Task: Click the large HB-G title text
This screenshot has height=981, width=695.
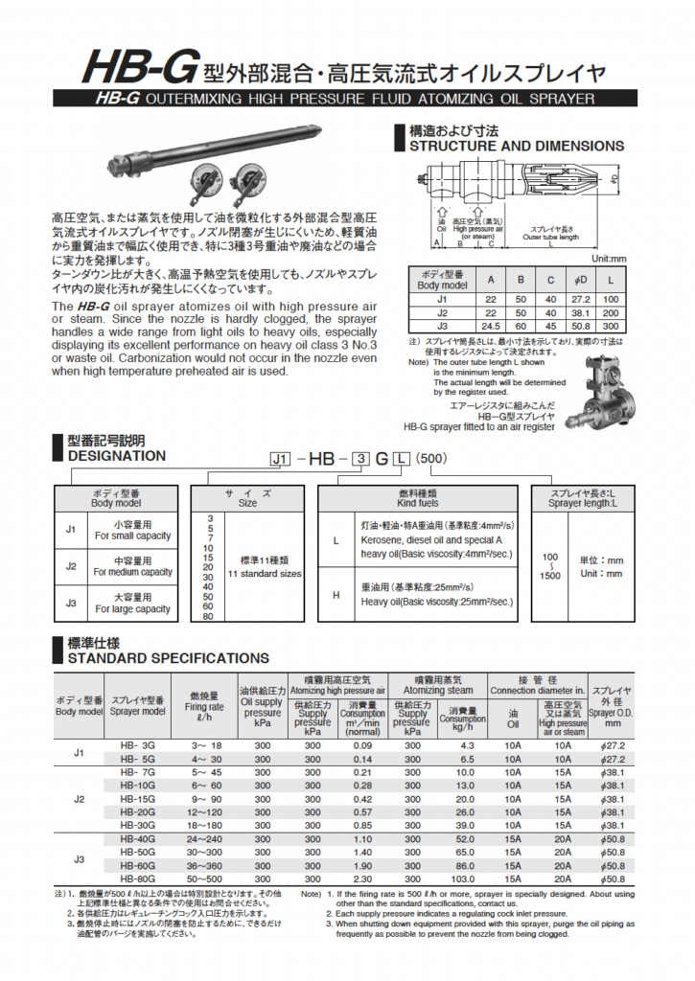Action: [x=139, y=69]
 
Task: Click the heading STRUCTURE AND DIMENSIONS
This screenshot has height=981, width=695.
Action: [x=516, y=147]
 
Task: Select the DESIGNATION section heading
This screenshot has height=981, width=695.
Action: [x=116, y=456]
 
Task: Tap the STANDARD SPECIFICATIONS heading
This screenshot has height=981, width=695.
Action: [x=168, y=658]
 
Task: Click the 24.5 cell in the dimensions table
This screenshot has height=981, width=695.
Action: [x=492, y=326]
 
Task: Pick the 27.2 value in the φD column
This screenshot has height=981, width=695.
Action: [x=580, y=298]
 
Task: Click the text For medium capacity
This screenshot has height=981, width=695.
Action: [x=133, y=572]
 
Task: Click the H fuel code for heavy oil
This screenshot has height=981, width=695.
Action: [x=336, y=594]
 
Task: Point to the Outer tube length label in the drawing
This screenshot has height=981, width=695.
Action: [x=550, y=238]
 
